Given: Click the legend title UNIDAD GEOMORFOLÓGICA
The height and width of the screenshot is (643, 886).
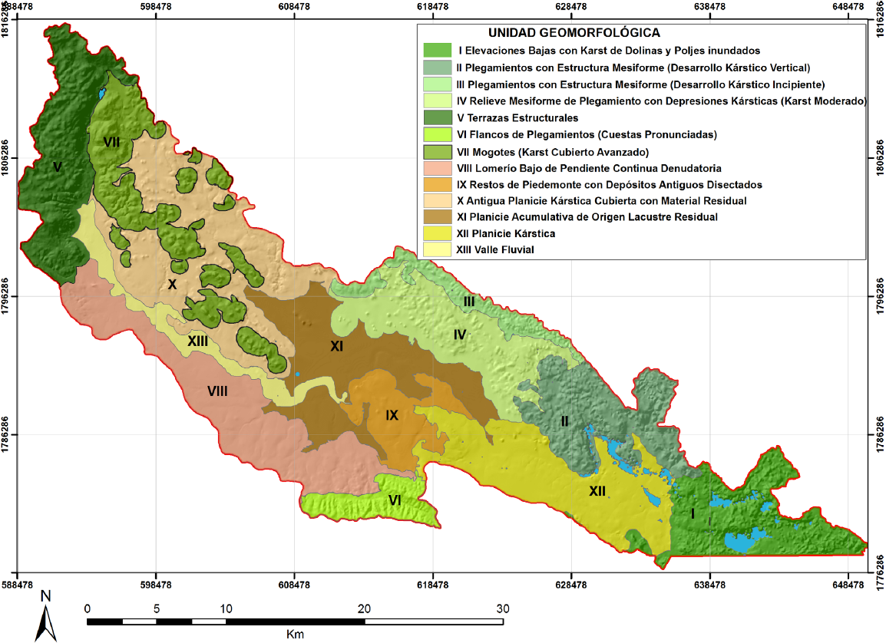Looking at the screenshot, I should pyautogui.click(x=574, y=33).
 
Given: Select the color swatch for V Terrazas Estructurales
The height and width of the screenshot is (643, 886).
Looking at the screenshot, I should pyautogui.click(x=435, y=117).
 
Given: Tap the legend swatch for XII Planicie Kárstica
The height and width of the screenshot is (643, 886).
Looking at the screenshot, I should pyautogui.click(x=435, y=233).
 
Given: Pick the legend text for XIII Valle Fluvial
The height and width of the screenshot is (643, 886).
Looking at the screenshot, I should pyautogui.click(x=494, y=250).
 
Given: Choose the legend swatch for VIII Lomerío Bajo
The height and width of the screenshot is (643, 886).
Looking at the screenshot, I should pyautogui.click(x=435, y=167).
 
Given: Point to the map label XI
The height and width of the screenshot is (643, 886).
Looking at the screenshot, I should pyautogui.click(x=336, y=347).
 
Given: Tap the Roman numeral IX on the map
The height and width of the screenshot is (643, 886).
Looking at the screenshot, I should pyautogui.click(x=392, y=415).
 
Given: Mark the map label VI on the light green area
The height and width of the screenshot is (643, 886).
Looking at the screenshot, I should pyautogui.click(x=395, y=500).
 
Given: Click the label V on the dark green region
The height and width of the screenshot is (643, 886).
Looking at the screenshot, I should pyautogui.click(x=57, y=166).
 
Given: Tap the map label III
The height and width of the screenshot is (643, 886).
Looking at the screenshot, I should pyautogui.click(x=468, y=302).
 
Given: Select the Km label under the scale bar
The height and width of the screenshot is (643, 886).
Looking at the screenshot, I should pyautogui.click(x=295, y=634).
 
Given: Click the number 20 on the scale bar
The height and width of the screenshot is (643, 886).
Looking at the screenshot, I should pyautogui.click(x=364, y=608).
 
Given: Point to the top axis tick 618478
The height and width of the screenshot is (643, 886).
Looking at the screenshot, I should pyautogui.click(x=432, y=6).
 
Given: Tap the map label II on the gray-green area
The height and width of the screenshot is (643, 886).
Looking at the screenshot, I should pyautogui.click(x=564, y=420).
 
